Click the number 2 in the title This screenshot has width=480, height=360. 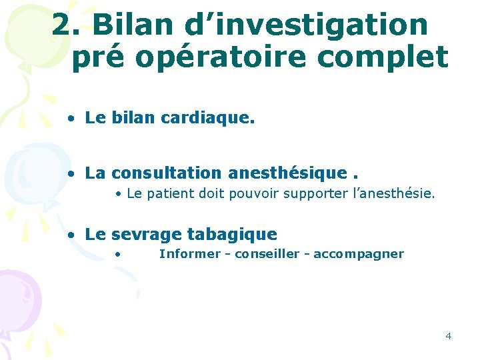point(62,25)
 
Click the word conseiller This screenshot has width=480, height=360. point(267,253)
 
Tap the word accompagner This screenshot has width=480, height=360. point(359,253)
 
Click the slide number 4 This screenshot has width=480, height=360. point(448,335)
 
